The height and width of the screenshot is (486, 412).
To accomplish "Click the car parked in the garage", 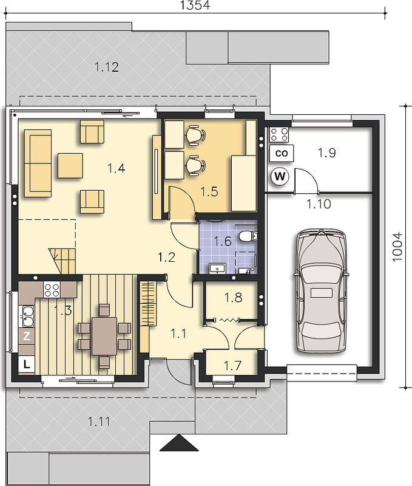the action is tap(321, 291).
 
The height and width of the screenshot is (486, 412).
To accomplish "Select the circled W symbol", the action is tap(280, 176).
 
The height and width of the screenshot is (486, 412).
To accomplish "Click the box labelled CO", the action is tap(281, 153).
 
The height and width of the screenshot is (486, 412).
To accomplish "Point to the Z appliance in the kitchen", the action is tap(27, 336).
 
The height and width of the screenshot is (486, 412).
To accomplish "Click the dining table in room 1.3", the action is tap(104, 336).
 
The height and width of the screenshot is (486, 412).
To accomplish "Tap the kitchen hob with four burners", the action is tap(52, 290).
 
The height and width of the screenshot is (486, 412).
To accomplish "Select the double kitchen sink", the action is tap(27, 317).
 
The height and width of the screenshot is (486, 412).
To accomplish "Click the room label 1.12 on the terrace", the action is tap(106, 67).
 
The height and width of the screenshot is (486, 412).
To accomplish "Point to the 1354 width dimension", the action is tap(195, 5).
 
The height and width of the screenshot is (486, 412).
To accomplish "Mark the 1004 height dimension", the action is tap(397, 247).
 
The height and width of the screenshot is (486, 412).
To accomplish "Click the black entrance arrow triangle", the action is tap(179, 443).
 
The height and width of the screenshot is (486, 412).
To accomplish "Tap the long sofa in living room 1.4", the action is tap(38, 163).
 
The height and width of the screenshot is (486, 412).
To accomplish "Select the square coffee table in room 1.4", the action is tap(70, 165).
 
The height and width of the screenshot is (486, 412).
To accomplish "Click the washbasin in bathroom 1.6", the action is tap(218, 269).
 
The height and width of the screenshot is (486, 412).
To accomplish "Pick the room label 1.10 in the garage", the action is tap(319, 204).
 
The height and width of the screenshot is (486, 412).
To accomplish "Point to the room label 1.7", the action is tap(233, 366).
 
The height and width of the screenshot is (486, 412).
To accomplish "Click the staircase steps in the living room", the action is tap(62, 261).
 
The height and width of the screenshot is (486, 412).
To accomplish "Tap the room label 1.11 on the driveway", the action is tap(99, 422).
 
